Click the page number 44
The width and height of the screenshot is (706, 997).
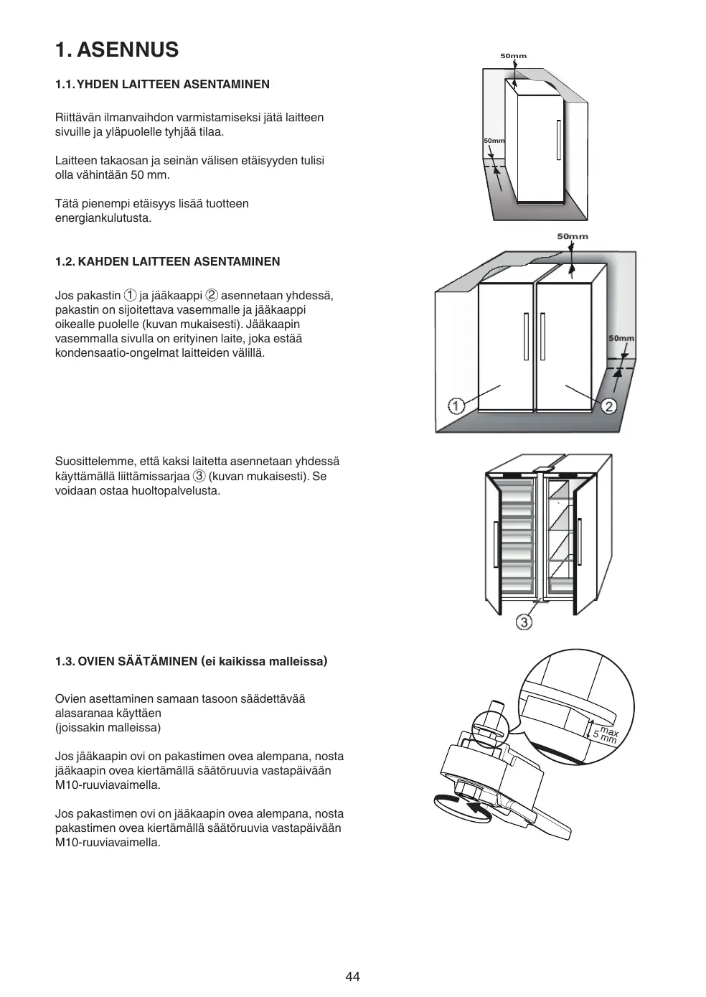pos(352,976)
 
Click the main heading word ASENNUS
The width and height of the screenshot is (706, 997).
pos(126,50)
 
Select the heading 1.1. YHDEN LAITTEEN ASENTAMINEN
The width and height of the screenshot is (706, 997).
pos(162,84)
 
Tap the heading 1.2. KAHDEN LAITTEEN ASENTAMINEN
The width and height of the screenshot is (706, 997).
pos(167,261)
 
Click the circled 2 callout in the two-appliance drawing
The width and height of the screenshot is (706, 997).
pos(609,406)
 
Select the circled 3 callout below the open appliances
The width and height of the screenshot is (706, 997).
pos(524,622)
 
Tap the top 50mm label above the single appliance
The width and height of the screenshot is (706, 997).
pos(513,56)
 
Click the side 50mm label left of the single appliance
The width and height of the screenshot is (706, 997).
pos(494,141)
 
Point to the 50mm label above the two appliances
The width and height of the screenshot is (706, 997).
pos(572,236)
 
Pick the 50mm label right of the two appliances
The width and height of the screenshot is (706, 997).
pos(621,338)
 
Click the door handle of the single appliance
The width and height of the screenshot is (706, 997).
pos(558,140)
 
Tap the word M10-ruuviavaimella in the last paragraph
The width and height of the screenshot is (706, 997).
pos(108,843)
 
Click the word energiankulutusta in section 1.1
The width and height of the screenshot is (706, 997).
pos(103,218)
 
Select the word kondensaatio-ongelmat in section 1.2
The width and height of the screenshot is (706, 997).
pos(111,353)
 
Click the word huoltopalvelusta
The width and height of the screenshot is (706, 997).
pos(175,491)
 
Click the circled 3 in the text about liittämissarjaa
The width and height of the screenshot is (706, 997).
pos(199,476)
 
